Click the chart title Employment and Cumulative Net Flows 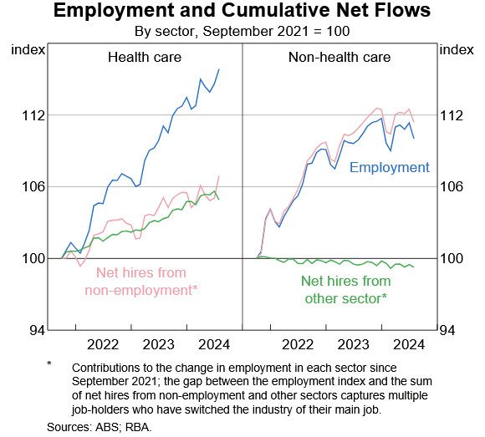[242, 10]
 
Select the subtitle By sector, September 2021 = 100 [242, 31]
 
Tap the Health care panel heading [145, 57]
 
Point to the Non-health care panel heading [339, 57]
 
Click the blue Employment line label [390, 167]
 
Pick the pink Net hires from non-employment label [141, 282]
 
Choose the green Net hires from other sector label [346, 290]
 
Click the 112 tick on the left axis [33, 116]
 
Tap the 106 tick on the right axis [452, 186]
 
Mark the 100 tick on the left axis [33, 258]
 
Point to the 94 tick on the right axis [447, 331]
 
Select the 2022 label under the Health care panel [103, 344]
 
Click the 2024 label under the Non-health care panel [409, 344]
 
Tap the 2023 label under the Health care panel [158, 344]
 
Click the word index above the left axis [28, 50]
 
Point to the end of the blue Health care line [219, 69]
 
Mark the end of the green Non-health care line [414, 267]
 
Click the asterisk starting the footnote [48, 363]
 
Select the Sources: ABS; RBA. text [100, 427]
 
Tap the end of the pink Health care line [219, 176]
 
